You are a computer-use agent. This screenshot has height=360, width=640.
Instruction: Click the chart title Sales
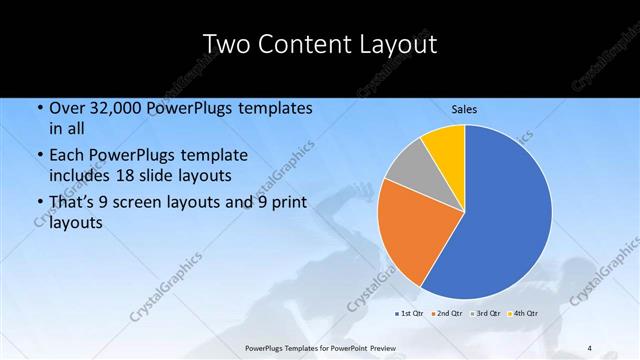[463, 109]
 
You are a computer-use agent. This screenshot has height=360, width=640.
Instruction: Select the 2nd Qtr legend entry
[446, 313]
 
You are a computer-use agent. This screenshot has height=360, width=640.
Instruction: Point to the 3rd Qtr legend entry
[485, 313]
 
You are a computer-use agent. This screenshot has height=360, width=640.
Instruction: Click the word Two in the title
[229, 44]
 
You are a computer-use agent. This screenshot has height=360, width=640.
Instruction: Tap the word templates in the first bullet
[273, 108]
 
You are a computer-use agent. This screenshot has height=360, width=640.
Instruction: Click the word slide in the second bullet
[176, 175]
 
